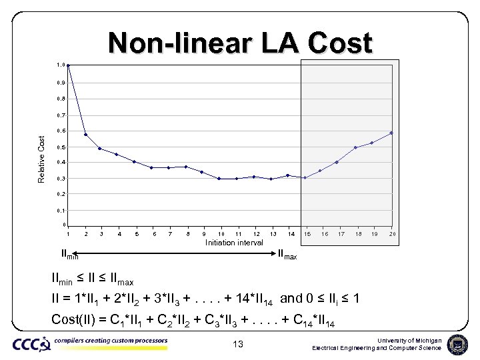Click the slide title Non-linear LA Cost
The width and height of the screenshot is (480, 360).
pos(240,43)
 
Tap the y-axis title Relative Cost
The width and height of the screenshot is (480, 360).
pos(41,159)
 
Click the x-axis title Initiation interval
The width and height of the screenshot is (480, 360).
pos(234,243)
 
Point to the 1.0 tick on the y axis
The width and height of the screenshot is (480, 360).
pos(60,65)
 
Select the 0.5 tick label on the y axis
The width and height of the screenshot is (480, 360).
pos(60,147)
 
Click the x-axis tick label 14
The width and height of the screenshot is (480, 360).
pos(291,234)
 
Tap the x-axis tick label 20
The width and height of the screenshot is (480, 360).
pos(393,234)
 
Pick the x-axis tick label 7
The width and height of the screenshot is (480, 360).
pos(171,234)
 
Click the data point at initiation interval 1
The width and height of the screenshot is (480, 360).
pos(68,65)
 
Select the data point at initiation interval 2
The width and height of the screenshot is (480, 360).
pos(86,135)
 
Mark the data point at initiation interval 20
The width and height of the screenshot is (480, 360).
pos(391,133)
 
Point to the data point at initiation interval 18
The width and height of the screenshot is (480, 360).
pos(356,147)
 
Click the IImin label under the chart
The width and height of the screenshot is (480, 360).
pos(69,254)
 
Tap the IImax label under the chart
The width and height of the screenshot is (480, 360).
pos(287,254)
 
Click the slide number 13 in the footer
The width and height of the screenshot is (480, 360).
pos(239,344)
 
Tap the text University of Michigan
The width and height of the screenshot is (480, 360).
pos(409,340)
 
